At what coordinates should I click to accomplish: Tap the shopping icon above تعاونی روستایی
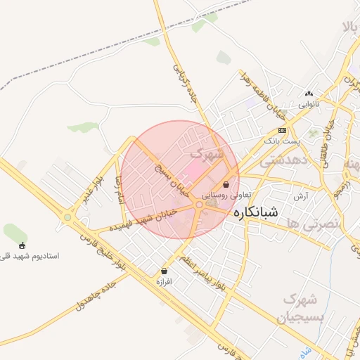(x=225, y=184)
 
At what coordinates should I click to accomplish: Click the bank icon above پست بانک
(x=282, y=131)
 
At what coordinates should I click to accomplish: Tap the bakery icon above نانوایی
(x=309, y=94)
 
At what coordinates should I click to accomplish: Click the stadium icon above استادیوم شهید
(x=22, y=245)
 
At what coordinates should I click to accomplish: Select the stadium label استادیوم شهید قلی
(x=30, y=256)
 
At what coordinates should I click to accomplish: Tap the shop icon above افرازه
(x=165, y=271)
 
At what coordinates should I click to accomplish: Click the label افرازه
(x=164, y=281)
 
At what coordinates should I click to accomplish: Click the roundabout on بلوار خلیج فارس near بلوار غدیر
(x=67, y=217)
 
